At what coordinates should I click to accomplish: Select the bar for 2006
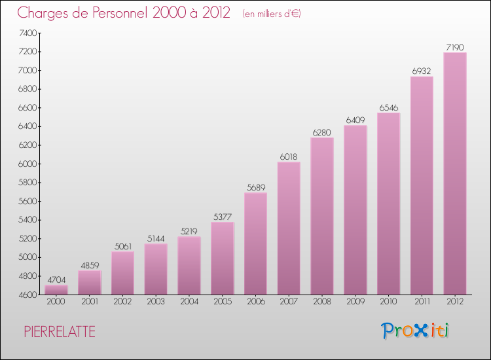(255, 243)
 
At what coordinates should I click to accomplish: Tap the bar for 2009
(355, 209)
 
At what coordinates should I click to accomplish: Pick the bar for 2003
(156, 269)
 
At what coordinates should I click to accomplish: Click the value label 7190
(454, 47)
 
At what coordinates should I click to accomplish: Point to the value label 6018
(289, 157)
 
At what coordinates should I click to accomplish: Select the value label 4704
(56, 279)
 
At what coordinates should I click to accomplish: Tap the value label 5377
(222, 217)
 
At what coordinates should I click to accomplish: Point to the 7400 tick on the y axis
(28, 33)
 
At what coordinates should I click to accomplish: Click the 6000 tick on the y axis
(28, 164)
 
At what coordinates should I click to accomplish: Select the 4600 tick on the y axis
(28, 295)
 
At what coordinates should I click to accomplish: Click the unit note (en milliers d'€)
(272, 14)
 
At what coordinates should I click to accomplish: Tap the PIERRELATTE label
(60, 332)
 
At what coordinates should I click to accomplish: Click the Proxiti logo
(416, 331)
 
